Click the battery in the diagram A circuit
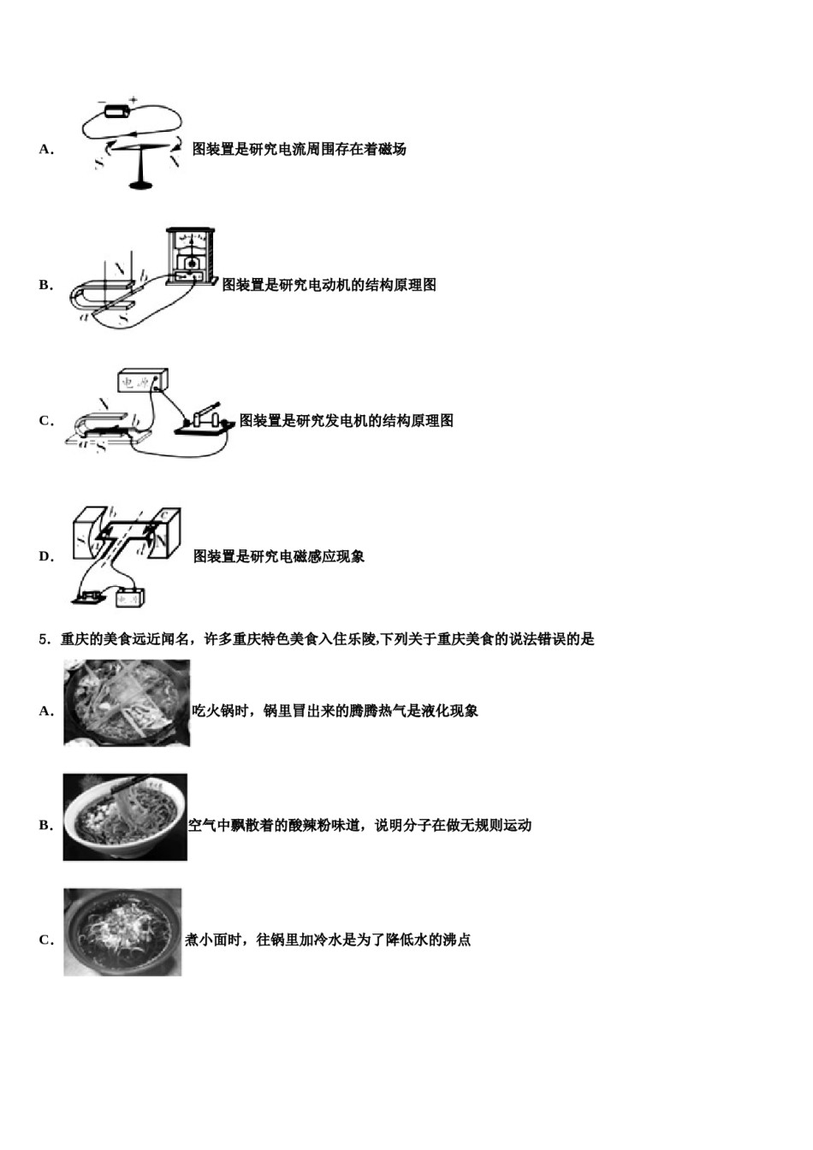(116, 111)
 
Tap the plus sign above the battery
(134, 99)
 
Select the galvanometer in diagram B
(190, 256)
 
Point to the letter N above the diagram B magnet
(120, 268)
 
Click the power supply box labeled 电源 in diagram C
(143, 381)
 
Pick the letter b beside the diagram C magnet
(136, 421)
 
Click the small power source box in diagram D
(130, 597)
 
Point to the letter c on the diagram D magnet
(164, 513)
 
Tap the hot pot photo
(127, 702)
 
